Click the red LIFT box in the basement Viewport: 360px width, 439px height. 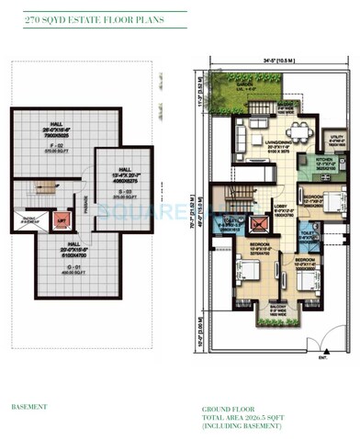point(60,220)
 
